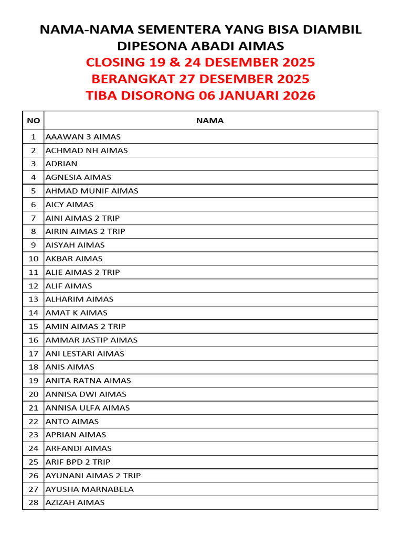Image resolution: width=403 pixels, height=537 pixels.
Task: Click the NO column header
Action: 33,121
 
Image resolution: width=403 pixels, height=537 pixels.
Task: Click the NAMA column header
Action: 210,121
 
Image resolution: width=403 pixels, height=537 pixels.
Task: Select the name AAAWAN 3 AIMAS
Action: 83,137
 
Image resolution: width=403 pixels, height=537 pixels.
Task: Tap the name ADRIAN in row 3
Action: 61,164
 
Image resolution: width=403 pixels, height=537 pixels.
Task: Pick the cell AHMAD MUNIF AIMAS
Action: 92,191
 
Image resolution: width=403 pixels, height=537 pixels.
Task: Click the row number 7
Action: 33,218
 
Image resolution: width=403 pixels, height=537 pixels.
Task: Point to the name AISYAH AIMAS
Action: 75,245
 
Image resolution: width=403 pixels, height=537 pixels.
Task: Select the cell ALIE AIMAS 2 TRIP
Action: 82,272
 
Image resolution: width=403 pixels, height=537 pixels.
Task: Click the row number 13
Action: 33,299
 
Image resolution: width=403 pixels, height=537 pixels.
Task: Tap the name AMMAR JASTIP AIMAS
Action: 91,340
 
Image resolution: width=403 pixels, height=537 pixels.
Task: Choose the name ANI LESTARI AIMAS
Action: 85,353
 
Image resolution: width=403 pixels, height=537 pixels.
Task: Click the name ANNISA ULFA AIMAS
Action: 88,407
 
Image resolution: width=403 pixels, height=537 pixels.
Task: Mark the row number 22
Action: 33,421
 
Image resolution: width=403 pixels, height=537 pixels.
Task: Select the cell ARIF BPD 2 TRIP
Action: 78,462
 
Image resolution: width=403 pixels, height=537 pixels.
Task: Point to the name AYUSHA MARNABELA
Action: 90,489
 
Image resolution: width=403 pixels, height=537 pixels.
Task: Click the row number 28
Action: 33,502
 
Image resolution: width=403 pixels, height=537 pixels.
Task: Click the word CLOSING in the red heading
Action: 115,62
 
